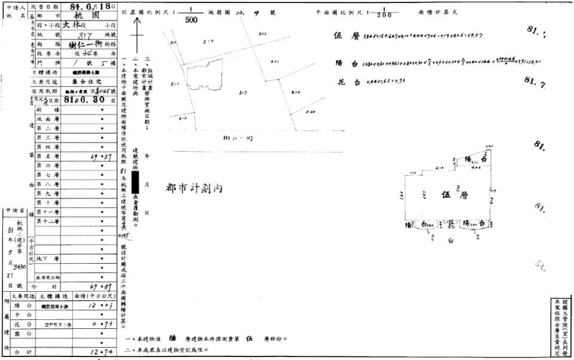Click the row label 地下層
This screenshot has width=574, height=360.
point(47,259)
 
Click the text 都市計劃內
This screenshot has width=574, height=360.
point(194,188)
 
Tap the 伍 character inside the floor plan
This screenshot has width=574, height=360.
point(445,194)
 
